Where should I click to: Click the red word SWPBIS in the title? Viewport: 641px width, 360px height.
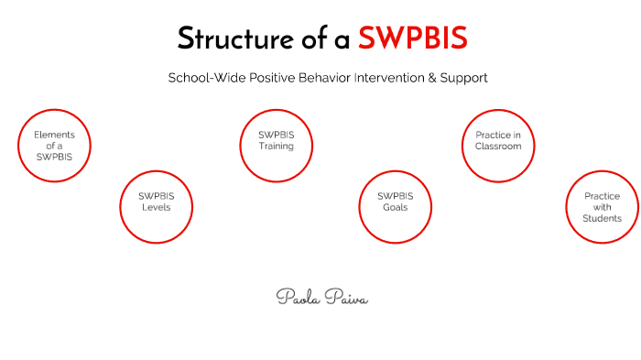pos(413,38)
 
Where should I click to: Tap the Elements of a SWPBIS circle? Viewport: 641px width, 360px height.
pos(55,145)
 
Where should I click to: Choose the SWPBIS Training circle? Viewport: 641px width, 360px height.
pos(276,145)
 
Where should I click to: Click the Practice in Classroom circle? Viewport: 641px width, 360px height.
pos(498,145)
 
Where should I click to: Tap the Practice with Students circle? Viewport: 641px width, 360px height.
pos(602,207)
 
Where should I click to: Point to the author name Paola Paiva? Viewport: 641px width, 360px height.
pos(321,297)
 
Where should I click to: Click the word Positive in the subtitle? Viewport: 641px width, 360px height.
pos(251,79)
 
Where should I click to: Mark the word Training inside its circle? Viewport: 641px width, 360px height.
pos(276,147)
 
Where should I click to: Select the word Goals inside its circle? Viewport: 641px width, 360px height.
pos(395,207)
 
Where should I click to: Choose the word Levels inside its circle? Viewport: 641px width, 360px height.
pos(157,207)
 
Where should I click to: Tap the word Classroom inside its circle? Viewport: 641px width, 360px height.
pos(498,147)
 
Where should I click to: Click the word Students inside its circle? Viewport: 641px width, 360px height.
pos(602,219)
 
